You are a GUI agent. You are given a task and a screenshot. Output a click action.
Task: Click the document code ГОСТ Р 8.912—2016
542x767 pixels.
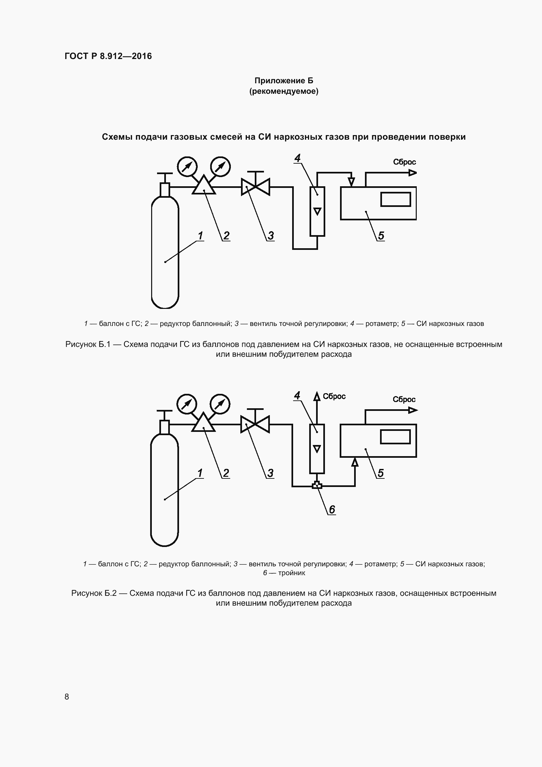108,56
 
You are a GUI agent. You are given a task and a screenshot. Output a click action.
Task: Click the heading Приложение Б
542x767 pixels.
284,81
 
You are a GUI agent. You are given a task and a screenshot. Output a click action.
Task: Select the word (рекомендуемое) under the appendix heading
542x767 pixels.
284,91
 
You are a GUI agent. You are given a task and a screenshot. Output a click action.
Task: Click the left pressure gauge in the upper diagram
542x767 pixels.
187,166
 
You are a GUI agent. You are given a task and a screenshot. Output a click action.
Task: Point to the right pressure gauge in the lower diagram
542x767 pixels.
220,404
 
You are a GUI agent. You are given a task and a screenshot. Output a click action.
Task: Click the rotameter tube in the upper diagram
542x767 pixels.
317,211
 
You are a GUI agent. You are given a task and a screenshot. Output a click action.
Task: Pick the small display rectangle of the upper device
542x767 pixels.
396,199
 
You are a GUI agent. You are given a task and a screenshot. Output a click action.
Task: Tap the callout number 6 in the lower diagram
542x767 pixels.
332,510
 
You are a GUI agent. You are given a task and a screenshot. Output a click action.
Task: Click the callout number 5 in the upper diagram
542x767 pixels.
381,236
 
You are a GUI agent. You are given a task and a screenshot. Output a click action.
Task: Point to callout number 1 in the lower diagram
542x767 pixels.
200,473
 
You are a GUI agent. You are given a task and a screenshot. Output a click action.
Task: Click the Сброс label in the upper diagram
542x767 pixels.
404,162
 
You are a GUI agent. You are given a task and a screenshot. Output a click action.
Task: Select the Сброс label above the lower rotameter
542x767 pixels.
334,396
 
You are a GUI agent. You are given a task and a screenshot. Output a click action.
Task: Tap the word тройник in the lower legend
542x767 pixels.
291,573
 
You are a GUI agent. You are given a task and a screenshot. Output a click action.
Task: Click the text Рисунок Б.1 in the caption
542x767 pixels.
88,344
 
